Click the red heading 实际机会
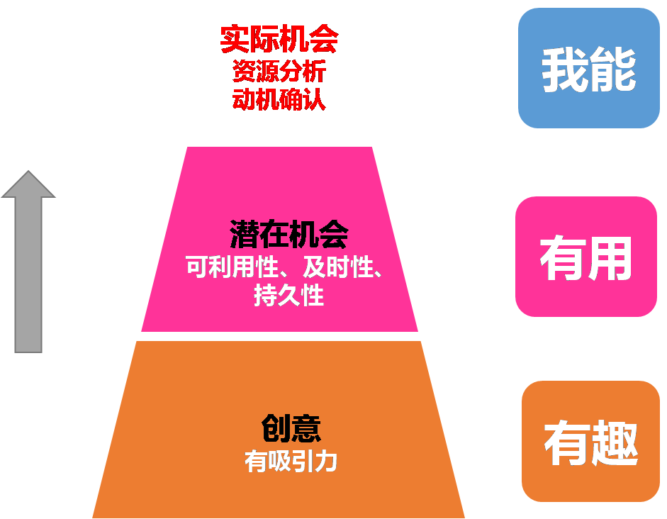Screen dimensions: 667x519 click(x=279, y=40)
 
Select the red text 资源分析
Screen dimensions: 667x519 click(x=279, y=72)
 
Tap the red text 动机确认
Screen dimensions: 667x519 click(x=279, y=99)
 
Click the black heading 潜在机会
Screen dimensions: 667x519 click(x=288, y=235)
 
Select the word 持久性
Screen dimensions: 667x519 click(x=288, y=295)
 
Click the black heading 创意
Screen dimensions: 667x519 click(x=291, y=428)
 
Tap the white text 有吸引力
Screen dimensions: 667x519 click(x=291, y=462)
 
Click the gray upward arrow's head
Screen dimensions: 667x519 click(x=28, y=186)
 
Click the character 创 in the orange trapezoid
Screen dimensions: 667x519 click(x=276, y=428)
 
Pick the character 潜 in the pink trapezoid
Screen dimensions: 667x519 click(x=244, y=235)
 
